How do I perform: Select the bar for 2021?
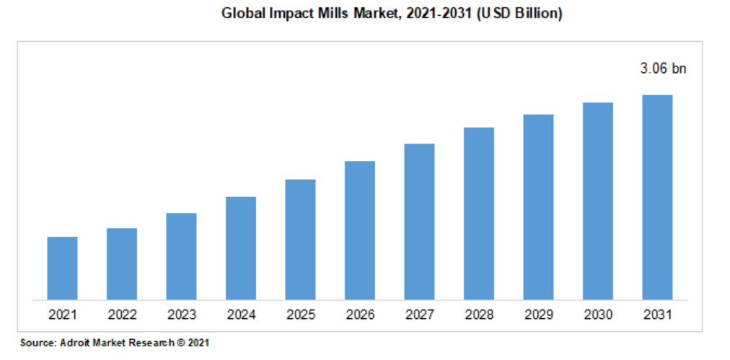point(62,268)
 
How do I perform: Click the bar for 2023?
point(181,256)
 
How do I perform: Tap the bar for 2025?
point(300,239)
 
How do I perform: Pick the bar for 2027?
point(419,221)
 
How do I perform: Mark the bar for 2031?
point(657,197)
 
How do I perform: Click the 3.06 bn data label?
point(663,69)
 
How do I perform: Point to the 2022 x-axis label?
point(122,315)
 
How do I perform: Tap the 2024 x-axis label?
point(241,315)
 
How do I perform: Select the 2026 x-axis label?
point(360,315)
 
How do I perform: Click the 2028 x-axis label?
point(479,315)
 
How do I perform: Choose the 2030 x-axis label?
point(598,315)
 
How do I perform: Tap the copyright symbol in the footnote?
point(178,343)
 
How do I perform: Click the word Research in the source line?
point(149,343)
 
